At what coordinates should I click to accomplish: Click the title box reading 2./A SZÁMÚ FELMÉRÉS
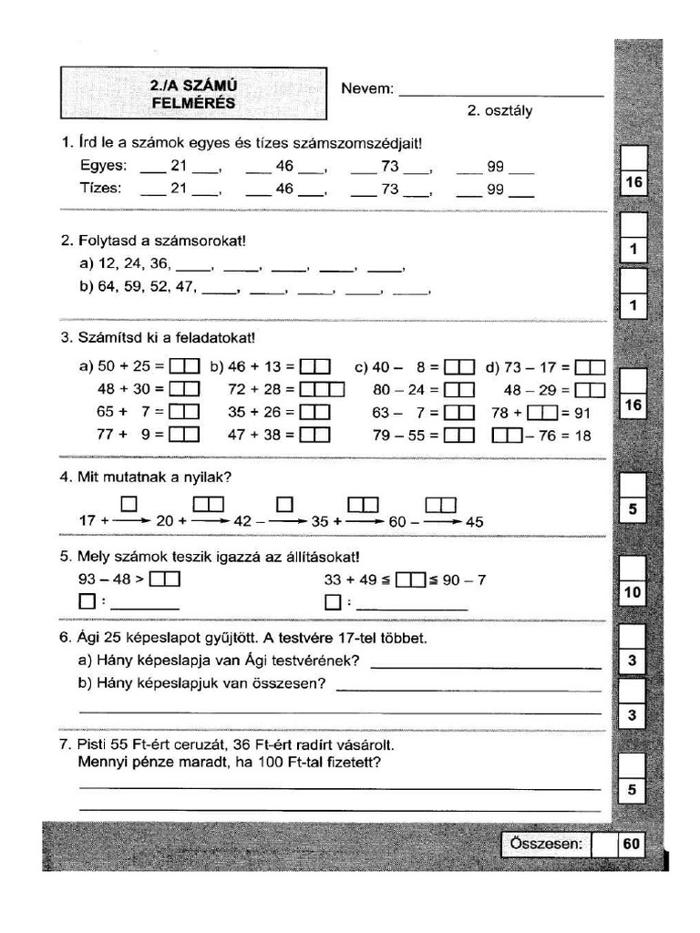[193, 94]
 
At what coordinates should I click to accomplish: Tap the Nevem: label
[367, 89]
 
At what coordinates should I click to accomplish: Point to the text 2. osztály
[499, 111]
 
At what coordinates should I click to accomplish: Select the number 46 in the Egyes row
[284, 167]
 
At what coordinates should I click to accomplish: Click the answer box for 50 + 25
[185, 367]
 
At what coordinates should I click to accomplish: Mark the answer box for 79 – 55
[459, 436]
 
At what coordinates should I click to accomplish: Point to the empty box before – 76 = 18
[506, 436]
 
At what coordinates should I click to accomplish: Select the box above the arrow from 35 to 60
[364, 503]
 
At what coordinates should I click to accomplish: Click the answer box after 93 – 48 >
[166, 579]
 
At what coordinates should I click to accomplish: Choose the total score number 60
[632, 845]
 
